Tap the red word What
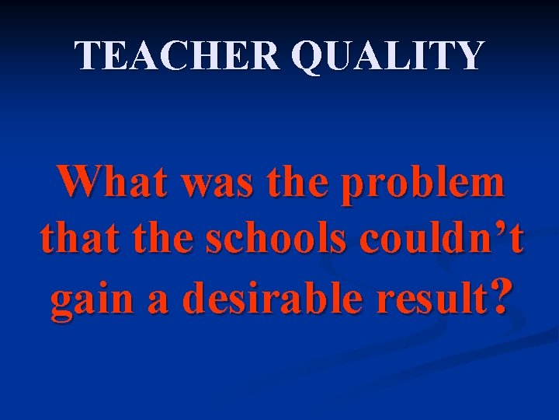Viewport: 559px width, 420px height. click(x=107, y=184)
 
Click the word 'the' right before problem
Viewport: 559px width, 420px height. click(x=293, y=184)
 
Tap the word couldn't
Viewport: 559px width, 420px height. click(x=435, y=240)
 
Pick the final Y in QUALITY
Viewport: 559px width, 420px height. click(x=469, y=56)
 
